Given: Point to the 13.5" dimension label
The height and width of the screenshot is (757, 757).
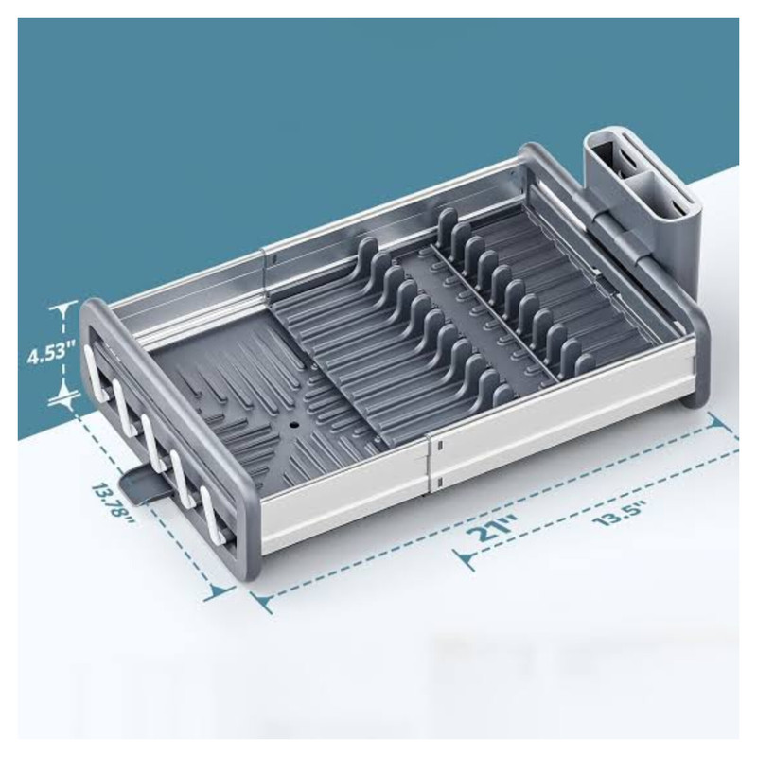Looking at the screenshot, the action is (x=620, y=513).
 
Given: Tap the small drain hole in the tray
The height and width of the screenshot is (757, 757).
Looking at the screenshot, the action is (x=293, y=427).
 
